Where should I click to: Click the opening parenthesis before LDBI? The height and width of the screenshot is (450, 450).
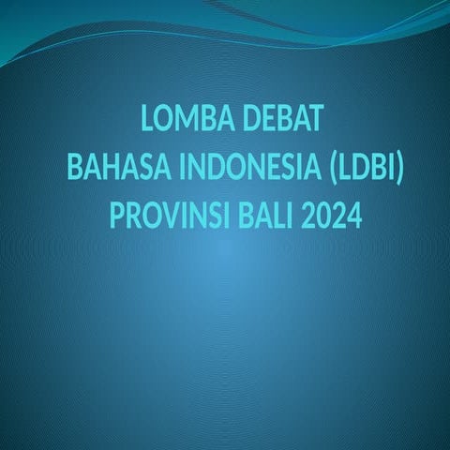tap(335, 171)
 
